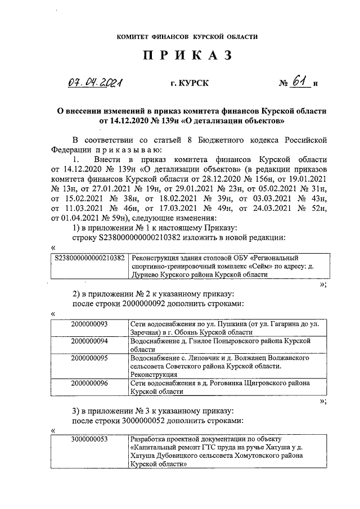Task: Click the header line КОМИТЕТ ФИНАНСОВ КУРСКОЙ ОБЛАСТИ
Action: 187,37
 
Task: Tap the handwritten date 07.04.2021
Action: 95,84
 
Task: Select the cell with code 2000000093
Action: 89,325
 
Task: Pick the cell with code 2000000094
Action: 89,341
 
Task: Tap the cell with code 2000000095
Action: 89,358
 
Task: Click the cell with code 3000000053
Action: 89,439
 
